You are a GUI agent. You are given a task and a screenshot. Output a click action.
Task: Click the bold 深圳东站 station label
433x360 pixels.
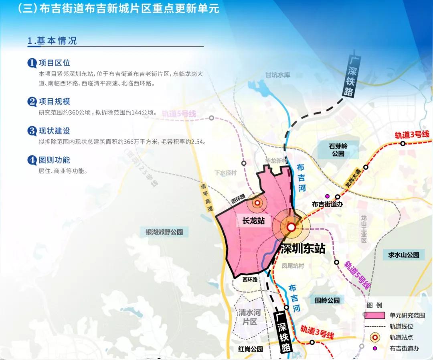pos(302,248)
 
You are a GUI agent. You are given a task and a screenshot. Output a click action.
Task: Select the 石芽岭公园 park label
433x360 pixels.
pos(338,150)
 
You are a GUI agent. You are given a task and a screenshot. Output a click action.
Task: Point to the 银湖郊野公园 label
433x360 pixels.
pos(164,232)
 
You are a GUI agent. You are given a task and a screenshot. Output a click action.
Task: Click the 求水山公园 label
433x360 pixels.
pos(403,254)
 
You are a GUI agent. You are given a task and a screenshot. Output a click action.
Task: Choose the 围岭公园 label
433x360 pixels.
pos(327,300)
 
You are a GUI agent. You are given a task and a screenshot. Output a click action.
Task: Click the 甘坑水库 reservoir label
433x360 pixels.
pos(277,75)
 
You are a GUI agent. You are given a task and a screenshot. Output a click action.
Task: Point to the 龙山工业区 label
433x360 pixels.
pos(364,229)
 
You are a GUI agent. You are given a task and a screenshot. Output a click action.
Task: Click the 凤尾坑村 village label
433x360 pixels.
pos(293,266)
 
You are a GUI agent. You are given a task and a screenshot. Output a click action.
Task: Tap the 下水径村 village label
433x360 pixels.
pos(226,173)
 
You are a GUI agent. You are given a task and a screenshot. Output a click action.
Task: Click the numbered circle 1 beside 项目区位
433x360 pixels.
pos(32,63)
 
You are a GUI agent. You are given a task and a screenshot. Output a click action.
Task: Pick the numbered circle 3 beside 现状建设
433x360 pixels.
pos(32,131)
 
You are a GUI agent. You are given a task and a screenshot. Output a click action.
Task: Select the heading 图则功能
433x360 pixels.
pos(54,160)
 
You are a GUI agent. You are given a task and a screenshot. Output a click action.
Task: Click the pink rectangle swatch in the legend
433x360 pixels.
pos(374,315)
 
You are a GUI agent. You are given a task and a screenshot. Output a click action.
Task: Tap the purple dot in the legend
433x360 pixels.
pos(375,348)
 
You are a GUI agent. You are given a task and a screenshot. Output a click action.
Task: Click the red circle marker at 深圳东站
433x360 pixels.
pos(291,227)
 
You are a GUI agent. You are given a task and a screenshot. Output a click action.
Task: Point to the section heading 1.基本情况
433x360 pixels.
pos(52,41)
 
